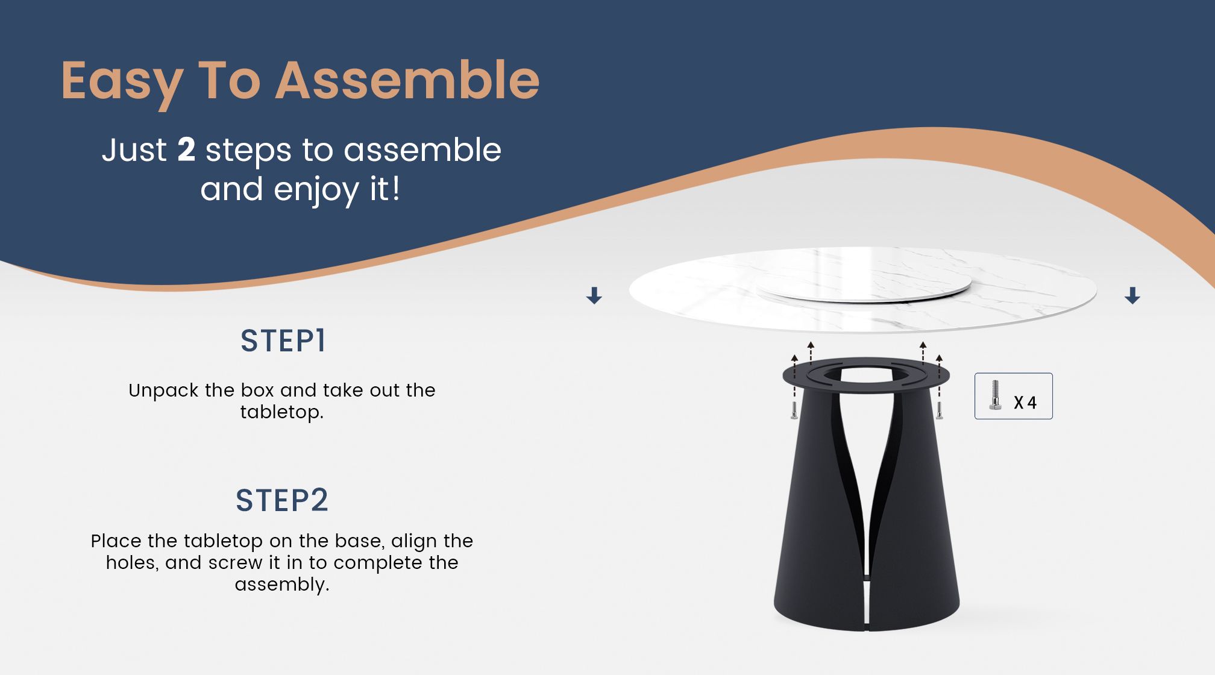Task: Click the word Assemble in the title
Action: (x=407, y=81)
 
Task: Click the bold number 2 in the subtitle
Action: (x=186, y=149)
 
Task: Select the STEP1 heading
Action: (x=283, y=341)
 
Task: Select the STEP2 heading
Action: (x=282, y=500)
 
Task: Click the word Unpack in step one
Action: (x=163, y=391)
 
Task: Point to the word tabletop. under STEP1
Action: (x=281, y=413)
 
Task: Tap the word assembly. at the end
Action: (x=281, y=585)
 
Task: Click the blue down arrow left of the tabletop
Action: (x=594, y=295)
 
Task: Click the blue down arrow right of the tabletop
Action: (x=1132, y=295)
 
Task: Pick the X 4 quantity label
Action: (x=1025, y=403)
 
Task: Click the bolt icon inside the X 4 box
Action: (x=995, y=395)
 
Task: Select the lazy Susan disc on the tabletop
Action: (x=863, y=283)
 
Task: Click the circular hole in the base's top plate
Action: (x=866, y=375)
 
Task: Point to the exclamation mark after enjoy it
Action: (x=395, y=189)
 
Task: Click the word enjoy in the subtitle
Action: (x=316, y=190)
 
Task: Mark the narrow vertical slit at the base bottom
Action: (x=866, y=609)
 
